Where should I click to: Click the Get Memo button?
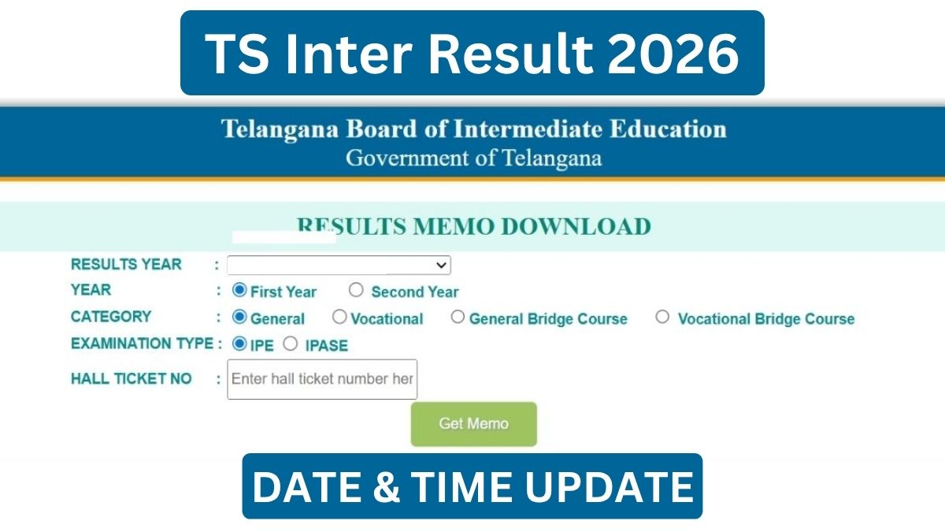click(474, 424)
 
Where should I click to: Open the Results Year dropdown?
click(339, 265)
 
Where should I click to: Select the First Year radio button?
click(239, 290)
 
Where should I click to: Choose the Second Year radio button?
click(356, 290)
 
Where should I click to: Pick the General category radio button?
click(239, 317)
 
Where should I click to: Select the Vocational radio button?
click(339, 317)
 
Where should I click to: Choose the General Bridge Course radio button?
click(458, 317)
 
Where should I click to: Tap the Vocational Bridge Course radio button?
click(662, 317)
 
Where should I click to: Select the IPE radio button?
click(239, 344)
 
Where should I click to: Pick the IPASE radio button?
click(291, 344)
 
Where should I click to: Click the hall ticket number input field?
click(322, 379)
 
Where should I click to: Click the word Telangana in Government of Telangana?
click(552, 158)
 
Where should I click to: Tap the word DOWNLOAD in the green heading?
click(576, 227)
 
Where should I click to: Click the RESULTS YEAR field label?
click(126, 264)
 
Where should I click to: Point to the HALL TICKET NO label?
click(132, 379)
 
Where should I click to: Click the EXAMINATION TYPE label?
click(143, 344)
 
